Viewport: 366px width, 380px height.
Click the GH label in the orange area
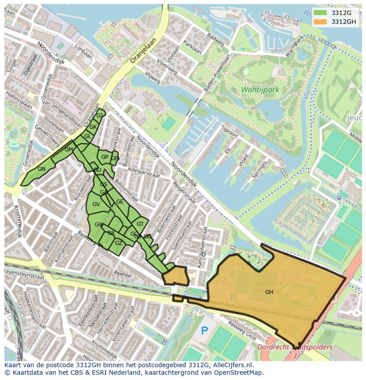(x=269, y=292)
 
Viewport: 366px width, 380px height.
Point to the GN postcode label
(x=42, y=169)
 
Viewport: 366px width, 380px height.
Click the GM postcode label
(x=69, y=150)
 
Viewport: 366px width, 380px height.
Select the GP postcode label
(x=105, y=157)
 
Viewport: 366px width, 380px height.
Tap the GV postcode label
(x=96, y=204)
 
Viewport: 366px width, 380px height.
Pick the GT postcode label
(x=140, y=224)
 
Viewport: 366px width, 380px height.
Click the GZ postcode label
(x=118, y=243)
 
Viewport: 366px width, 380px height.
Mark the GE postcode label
(x=120, y=202)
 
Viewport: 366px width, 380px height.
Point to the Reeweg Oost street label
(x=242, y=331)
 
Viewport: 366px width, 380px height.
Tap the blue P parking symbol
(x=204, y=330)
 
